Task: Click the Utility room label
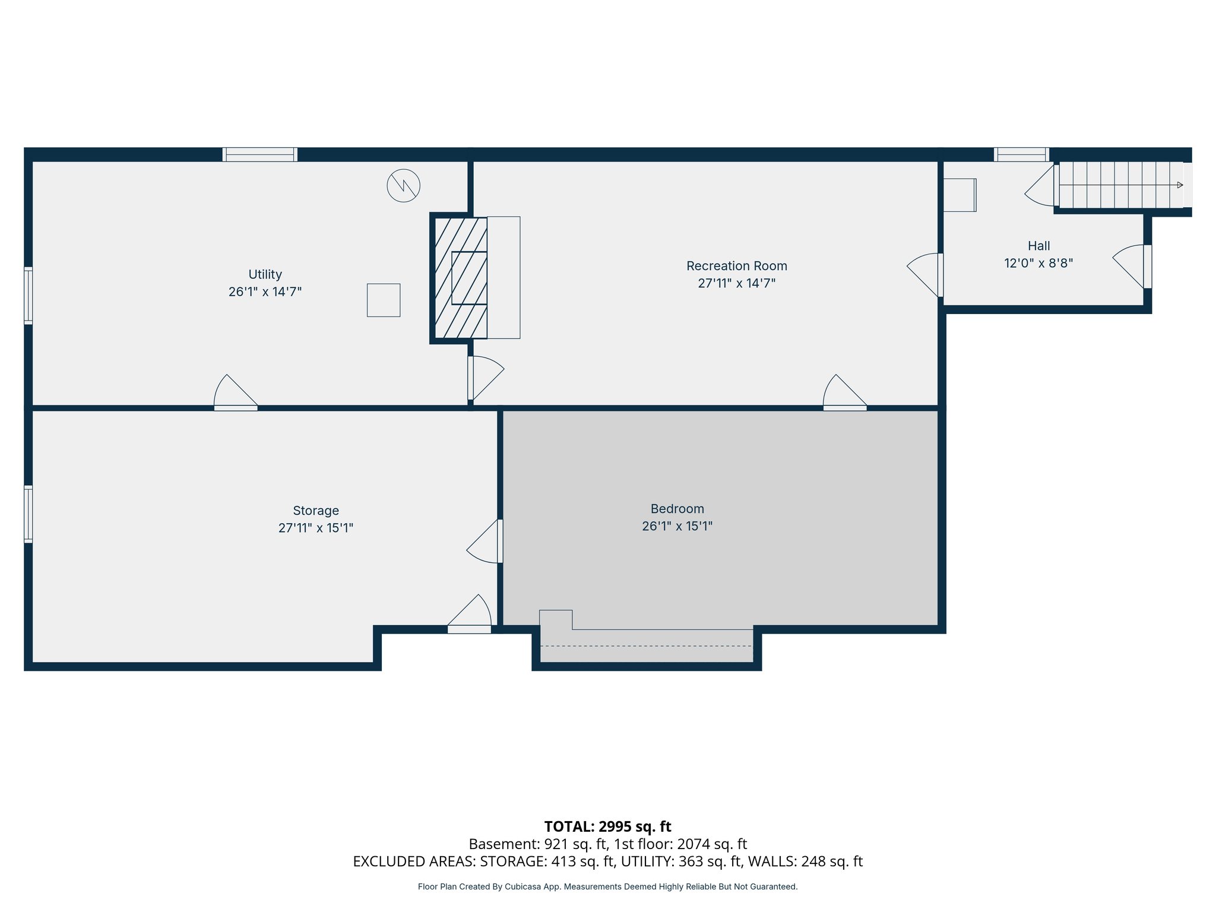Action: [265, 274]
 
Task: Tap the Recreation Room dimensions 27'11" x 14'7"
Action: [736, 283]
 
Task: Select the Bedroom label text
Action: [677, 509]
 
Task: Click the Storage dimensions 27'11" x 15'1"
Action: [315, 528]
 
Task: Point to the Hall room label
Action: [1038, 246]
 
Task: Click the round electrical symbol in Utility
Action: [403, 186]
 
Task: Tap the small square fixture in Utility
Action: [383, 300]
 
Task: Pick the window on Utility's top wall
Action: [259, 154]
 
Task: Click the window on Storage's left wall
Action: [28, 514]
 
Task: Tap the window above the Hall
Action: [1021, 154]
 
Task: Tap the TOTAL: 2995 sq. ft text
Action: [607, 826]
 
